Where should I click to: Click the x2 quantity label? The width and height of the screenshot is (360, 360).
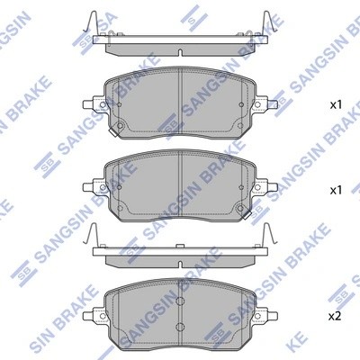(335, 317)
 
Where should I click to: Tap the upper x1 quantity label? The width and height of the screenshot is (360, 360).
(335, 106)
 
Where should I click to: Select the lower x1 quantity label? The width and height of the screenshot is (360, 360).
(335, 190)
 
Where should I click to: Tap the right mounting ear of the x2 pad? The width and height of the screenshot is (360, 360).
(267, 315)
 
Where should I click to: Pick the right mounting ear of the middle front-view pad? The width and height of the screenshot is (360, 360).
(267, 186)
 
